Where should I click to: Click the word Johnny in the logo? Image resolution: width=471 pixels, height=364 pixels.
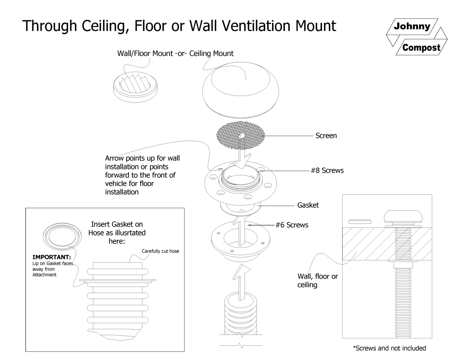pos(412,27)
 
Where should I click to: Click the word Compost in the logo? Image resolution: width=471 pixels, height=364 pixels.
pos(421,48)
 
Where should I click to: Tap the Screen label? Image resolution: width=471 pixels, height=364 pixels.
pos(326,136)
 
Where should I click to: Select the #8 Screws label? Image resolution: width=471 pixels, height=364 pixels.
pos(327,171)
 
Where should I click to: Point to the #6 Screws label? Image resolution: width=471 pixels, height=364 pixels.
pos(292,225)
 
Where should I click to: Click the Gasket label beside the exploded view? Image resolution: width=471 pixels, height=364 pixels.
pos(308,205)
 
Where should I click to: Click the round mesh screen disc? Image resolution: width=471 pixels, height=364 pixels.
pos(241,135)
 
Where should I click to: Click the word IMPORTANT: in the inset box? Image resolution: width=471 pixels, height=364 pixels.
pos(52,257)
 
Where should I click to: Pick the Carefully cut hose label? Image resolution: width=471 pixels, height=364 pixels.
pos(160,251)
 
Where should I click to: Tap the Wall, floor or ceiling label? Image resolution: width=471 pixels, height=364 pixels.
pos(317,281)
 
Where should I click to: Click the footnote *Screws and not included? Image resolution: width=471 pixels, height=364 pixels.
pos(389,348)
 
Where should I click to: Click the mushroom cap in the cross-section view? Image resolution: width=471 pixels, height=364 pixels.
pos(403,216)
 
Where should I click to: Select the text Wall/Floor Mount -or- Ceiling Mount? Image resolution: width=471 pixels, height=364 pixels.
pos(175,54)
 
